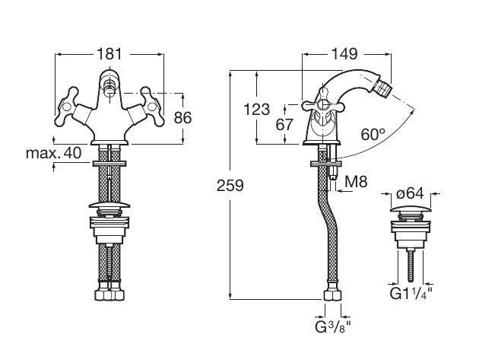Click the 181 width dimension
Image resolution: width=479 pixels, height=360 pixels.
[x=110, y=55]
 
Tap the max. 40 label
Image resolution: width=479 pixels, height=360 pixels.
[x=53, y=153]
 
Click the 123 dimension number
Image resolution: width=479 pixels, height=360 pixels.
[x=257, y=110]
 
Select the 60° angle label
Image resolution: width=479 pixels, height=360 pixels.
[x=373, y=134]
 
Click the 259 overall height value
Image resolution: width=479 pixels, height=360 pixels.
[x=229, y=185]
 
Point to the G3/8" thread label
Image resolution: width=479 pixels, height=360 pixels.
[x=333, y=327]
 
